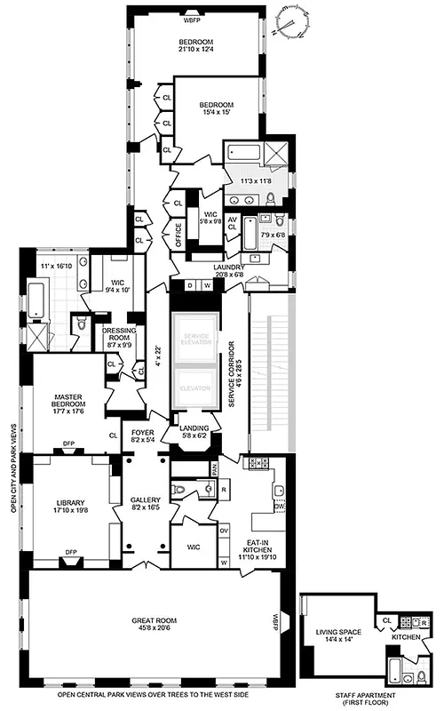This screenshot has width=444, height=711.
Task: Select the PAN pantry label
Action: click(214, 464)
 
